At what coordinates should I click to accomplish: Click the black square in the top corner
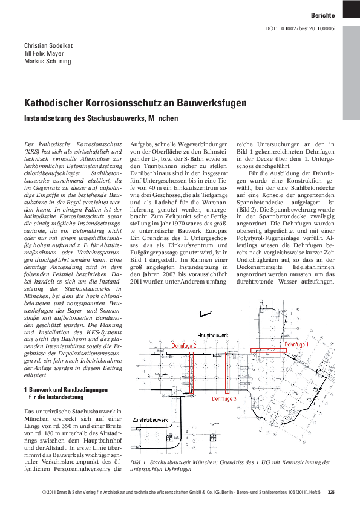coord(351,8)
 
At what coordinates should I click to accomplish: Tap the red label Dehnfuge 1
coord(296,344)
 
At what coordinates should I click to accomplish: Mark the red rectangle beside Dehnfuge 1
coord(266,350)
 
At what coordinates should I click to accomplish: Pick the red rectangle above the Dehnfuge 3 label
coord(227,372)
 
